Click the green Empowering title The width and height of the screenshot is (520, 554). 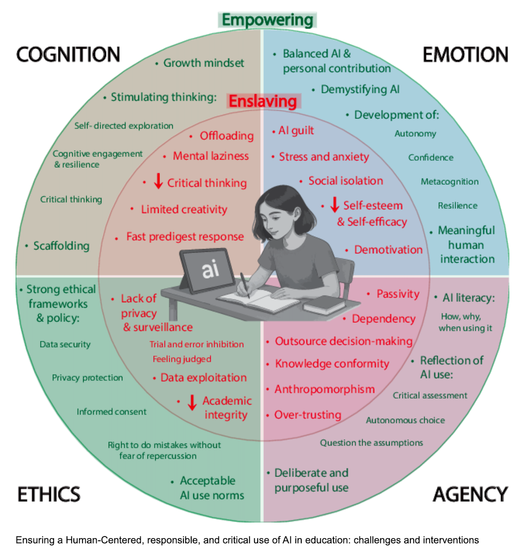267,20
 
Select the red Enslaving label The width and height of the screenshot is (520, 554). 263,101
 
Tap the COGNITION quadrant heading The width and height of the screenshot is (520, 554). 68,55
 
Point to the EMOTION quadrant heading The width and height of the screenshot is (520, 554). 465,55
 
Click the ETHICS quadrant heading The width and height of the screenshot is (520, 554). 49,494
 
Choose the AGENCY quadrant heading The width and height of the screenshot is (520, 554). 470,494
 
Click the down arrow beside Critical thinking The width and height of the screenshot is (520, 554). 158,181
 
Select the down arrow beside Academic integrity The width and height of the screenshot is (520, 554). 192,402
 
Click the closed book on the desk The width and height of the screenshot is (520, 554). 324,305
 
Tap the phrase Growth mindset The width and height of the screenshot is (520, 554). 204,63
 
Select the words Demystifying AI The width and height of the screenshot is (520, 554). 360,89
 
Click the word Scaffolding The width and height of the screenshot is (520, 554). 61,246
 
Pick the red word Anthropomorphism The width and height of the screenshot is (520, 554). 325,389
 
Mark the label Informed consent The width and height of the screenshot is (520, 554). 111,412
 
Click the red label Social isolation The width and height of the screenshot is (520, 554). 346,181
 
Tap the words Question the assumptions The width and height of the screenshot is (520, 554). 371,443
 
